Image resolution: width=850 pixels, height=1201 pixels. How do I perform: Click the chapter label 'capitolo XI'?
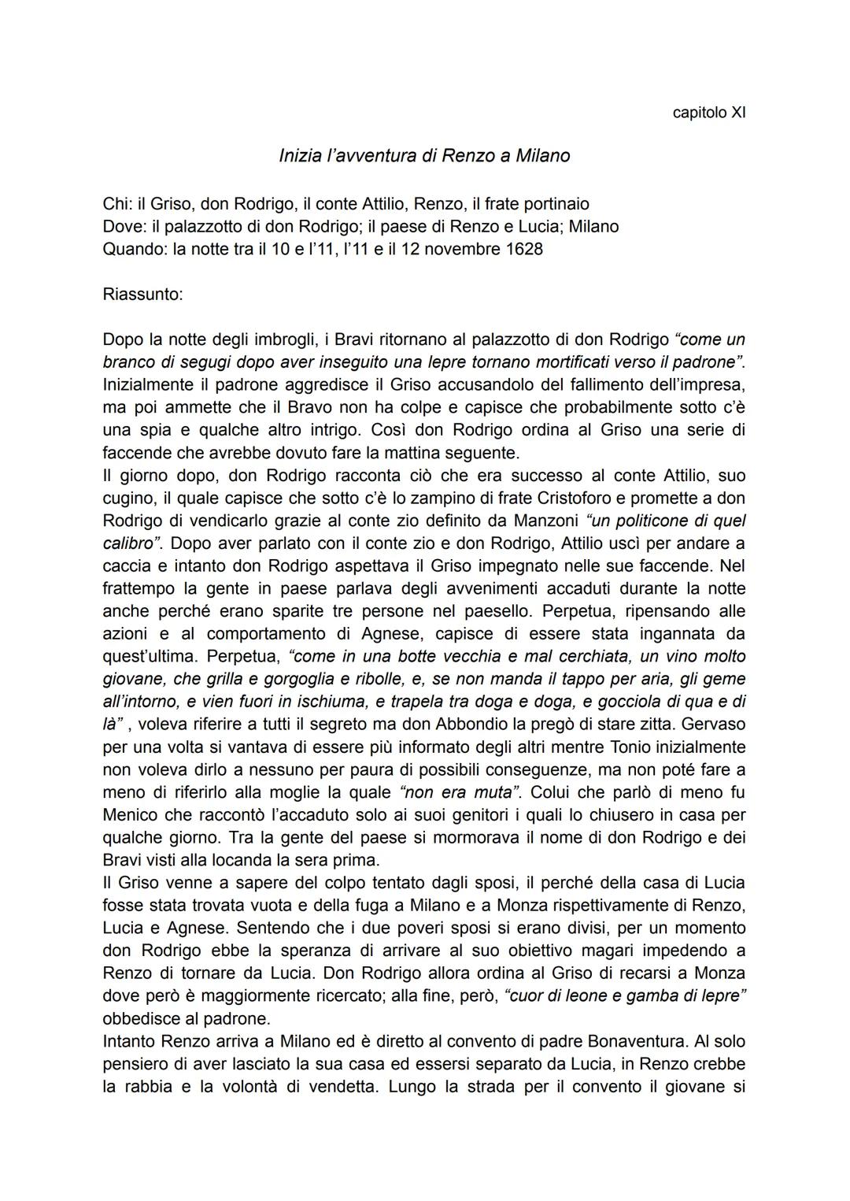pyautogui.click(x=709, y=112)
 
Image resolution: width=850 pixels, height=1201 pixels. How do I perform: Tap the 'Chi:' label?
pyautogui.click(x=117, y=204)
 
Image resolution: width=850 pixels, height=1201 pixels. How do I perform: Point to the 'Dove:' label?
pyautogui.click(x=124, y=227)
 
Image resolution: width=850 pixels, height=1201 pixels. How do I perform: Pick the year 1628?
pyautogui.click(x=523, y=250)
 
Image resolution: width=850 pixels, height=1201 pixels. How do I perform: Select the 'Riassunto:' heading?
pyautogui.click(x=142, y=295)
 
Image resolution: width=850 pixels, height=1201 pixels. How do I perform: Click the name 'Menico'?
pyautogui.click(x=129, y=814)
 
